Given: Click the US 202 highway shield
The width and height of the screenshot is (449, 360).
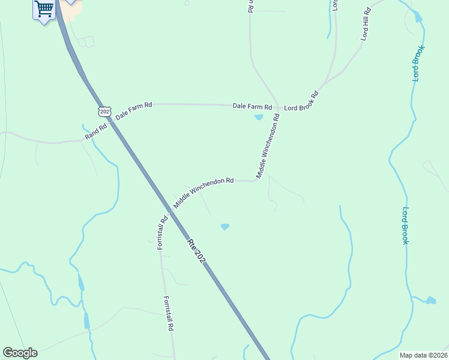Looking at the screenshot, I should pos(105,112).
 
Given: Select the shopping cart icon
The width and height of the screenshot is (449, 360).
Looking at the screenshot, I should pos(44,9).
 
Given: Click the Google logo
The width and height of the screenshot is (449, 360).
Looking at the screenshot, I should pos(20,353).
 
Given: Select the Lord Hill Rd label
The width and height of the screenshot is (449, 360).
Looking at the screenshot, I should pos(366,25).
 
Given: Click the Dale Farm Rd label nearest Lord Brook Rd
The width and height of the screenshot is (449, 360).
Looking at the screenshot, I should pos(252,106).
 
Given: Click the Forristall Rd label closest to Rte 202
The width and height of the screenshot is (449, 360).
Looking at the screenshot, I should pos(161,233).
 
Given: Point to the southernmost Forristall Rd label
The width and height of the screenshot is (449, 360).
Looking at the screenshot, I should pos(169,314).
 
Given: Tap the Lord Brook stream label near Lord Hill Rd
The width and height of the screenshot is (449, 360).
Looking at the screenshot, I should pos(418,63).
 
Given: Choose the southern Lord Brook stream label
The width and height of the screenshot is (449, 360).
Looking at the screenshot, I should pos(405,226).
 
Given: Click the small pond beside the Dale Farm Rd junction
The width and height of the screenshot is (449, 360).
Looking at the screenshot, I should pos(259,117).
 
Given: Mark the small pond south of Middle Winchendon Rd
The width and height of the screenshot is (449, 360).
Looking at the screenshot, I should pos(225,227).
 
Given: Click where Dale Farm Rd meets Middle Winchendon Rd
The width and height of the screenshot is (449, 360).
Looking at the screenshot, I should pos(277,107).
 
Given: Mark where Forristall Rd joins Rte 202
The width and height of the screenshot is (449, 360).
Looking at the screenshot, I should pos(170,211).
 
